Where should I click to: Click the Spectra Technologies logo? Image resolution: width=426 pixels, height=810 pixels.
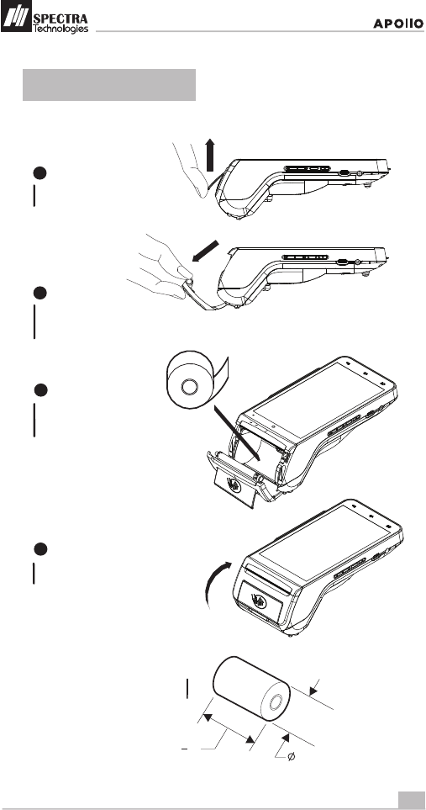coord(45,17)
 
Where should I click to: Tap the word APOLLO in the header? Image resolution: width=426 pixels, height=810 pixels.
coord(398,24)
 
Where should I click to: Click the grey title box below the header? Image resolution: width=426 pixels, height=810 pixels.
coord(109,85)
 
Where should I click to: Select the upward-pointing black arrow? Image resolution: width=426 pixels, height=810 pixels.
coord(209,155)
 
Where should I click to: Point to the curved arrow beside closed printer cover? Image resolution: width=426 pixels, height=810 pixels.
coord(216,585)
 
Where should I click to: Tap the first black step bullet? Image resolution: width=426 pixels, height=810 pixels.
coord(40,173)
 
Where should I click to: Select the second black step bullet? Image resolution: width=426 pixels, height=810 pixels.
coord(40,293)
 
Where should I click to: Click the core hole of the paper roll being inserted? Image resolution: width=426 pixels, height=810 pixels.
coord(189,385)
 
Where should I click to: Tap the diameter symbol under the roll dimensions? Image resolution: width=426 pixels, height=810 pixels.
coord(291,757)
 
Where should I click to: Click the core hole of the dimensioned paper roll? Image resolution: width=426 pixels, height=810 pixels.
coord(276,701)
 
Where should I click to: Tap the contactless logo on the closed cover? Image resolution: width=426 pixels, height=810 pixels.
coord(260,600)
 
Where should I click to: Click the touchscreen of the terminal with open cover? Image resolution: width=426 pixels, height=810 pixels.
coord(317,399)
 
